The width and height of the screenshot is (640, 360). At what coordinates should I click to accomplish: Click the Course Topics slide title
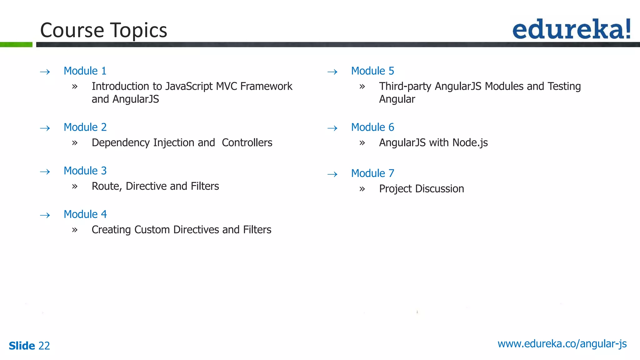click(x=103, y=30)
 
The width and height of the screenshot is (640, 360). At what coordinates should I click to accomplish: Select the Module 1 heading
click(x=85, y=71)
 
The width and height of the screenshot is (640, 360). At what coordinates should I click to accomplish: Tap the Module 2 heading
click(x=85, y=127)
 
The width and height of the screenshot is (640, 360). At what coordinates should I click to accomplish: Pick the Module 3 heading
click(x=85, y=171)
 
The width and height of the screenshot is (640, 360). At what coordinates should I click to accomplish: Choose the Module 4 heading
click(x=85, y=214)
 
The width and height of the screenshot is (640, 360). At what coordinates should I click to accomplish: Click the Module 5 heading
click(x=372, y=71)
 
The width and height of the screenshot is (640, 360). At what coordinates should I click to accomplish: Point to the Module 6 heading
click(x=372, y=127)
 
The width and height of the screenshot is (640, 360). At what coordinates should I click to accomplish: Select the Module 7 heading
click(x=372, y=173)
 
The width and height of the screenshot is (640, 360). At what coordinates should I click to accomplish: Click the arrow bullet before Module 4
click(x=45, y=215)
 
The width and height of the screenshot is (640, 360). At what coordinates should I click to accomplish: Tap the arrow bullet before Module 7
click(x=332, y=174)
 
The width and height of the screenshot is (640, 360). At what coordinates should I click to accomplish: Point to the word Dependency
click(x=121, y=143)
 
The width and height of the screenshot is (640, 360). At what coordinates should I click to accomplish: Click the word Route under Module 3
click(x=106, y=186)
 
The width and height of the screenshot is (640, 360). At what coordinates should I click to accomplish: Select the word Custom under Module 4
click(x=152, y=230)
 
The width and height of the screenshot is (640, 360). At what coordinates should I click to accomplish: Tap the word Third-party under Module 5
click(x=405, y=86)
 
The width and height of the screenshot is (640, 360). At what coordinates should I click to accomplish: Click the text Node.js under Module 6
click(x=470, y=143)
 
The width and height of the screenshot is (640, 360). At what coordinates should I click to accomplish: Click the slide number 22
click(x=44, y=346)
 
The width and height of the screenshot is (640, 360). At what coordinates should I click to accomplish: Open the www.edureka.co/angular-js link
click(x=562, y=344)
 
